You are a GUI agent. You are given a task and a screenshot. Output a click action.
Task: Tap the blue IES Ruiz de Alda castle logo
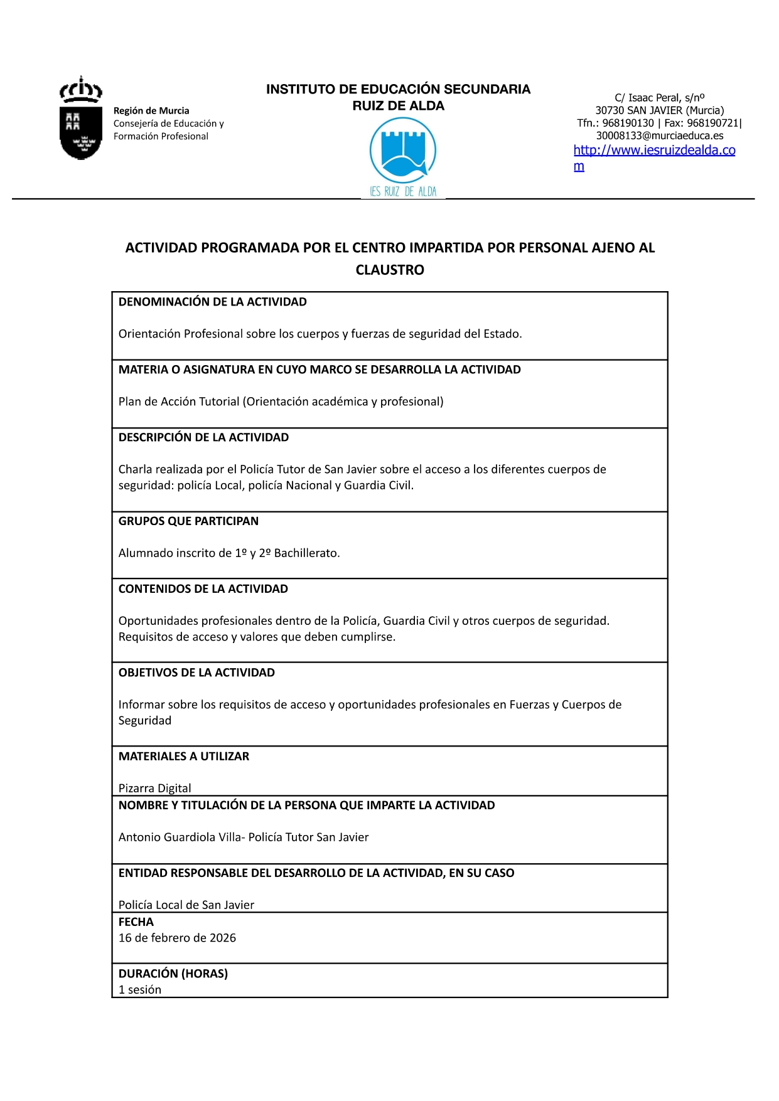coord(402,151)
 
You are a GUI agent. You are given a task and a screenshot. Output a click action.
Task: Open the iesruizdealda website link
coord(654,151)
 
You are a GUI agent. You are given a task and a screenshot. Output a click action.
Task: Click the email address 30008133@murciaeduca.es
coord(659,136)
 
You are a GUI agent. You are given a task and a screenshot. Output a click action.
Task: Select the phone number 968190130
coord(628,123)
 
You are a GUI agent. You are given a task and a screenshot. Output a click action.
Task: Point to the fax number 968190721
coord(712,123)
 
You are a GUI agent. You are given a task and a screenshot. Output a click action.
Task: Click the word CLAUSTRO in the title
coord(390,270)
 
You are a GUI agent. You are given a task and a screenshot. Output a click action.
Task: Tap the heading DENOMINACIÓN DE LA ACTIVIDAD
coord(212,302)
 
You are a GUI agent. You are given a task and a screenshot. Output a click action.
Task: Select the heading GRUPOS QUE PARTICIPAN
coord(188,521)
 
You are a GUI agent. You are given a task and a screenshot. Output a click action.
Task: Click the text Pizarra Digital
coord(154,788)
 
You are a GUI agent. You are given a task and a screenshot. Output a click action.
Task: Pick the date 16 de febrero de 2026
coord(177,938)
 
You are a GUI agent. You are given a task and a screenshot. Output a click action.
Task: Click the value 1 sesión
coord(140,989)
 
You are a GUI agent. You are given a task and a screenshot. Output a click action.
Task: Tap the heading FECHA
coord(136,922)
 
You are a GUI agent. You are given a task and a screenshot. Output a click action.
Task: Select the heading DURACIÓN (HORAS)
coord(173,973)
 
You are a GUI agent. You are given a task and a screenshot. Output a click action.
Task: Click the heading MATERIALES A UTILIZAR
coord(183,756)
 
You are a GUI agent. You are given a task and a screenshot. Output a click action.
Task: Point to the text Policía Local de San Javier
coord(186,905)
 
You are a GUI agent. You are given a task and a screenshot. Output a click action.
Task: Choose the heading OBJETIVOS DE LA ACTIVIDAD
coord(196,673)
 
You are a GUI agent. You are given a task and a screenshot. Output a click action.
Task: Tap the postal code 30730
coord(610,110)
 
